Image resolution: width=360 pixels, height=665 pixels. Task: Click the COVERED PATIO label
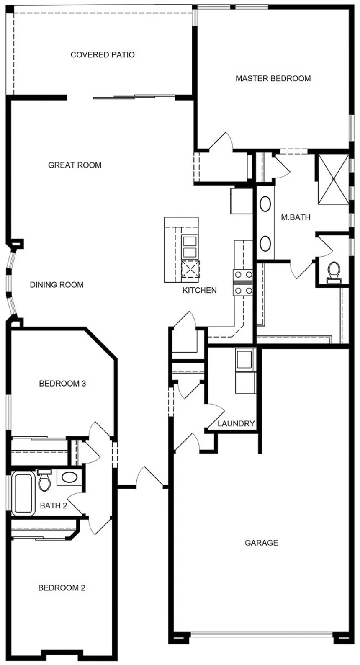pos(103,55)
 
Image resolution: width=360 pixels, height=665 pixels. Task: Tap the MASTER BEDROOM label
pos(273,78)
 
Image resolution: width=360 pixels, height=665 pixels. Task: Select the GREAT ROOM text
pos(75,165)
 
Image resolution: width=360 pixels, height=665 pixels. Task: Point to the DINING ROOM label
pos(57,285)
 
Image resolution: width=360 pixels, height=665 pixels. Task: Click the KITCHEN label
pos(199,290)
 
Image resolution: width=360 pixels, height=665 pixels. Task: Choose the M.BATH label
pos(296,217)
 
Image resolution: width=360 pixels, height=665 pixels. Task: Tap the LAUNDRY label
pos(236,424)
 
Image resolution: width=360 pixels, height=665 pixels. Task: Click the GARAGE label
pos(261,543)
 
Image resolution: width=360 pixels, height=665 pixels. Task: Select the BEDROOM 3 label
pos(62,383)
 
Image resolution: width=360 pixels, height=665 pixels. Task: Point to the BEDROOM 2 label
pos(62,588)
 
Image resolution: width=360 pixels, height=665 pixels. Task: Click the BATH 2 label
pos(54,505)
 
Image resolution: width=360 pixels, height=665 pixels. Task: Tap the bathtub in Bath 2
pos(23,493)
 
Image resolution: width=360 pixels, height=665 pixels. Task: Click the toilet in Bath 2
pos(44,482)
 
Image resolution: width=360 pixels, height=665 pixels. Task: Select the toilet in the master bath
pos(334,271)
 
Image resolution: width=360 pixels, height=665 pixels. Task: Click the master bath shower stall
pos(334,179)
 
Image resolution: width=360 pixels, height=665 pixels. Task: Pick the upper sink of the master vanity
pos(265,204)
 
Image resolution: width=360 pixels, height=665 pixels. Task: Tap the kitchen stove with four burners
pos(243,283)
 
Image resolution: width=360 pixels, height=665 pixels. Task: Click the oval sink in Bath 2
pos(69,477)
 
